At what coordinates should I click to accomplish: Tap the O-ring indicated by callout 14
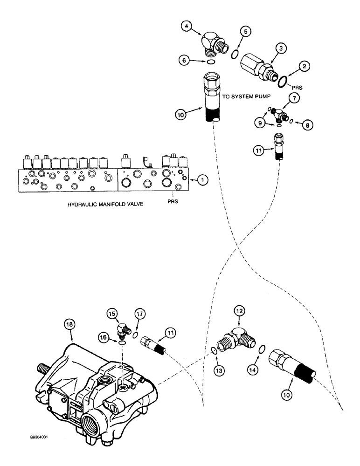coord(263,349)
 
